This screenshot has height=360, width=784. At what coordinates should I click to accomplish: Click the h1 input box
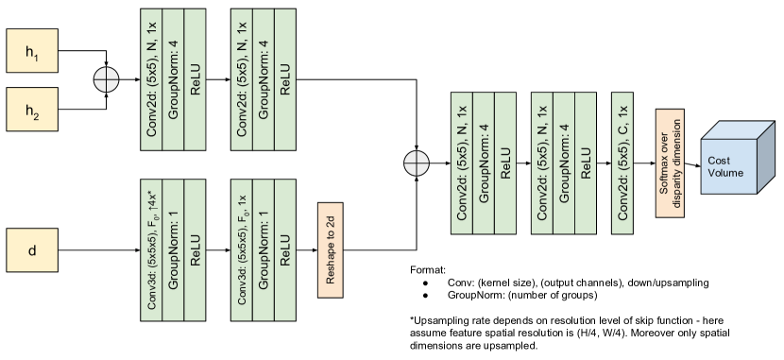click(x=33, y=49)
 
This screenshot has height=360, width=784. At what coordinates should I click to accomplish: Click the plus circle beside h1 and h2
click(x=108, y=79)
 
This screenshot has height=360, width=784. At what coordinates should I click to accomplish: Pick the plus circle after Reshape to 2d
click(x=417, y=163)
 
